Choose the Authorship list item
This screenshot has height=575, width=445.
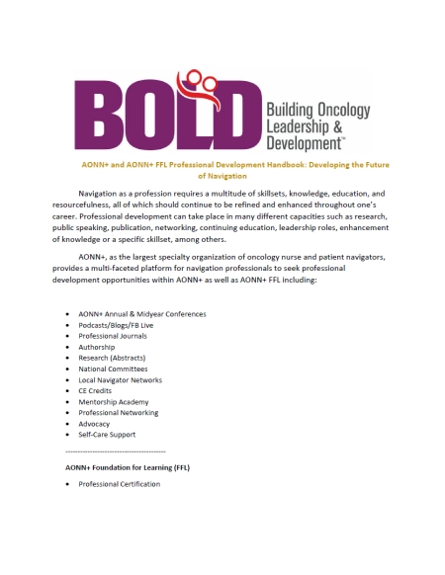pos(97,347)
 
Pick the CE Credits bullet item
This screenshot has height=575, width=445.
pos(95,391)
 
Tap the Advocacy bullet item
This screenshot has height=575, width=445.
pos(95,424)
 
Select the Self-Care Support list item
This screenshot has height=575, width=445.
pos(108,435)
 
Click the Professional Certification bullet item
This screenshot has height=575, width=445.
pos(119,484)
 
